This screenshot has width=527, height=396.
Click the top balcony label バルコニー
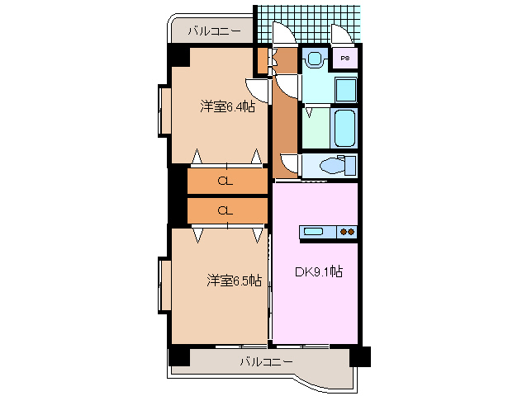213,31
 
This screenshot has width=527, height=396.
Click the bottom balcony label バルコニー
266,361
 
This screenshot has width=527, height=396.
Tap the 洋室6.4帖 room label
226,106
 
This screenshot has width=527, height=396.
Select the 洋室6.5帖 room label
234,280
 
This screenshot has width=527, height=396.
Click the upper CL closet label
225,180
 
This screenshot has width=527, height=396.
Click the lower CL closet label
225,210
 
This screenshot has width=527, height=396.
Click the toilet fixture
336,165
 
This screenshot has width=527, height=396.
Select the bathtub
344,128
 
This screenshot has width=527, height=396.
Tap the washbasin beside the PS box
314,59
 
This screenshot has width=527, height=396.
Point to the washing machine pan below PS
346,88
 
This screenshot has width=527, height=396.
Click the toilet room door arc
289,163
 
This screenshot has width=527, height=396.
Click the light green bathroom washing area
316,128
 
